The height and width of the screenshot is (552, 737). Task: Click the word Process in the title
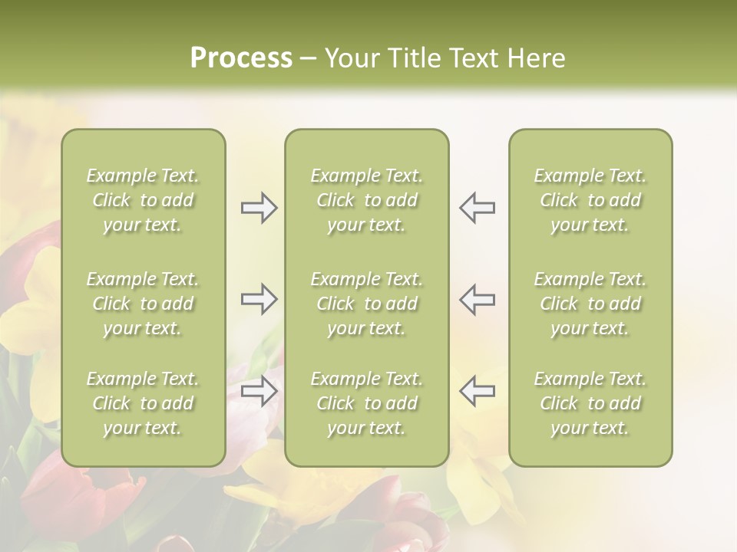[241, 58]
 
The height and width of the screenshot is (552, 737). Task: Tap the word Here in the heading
[534, 58]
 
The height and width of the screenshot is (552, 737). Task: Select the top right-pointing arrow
[259, 208]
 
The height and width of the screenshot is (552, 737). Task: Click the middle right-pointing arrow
[259, 299]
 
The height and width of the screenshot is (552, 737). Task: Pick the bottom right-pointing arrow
[259, 391]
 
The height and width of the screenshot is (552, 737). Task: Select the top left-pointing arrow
[477, 208]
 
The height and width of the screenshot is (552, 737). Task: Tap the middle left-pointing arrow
[477, 299]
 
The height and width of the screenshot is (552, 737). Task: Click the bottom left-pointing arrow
[477, 391]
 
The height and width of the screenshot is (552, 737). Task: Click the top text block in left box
[143, 200]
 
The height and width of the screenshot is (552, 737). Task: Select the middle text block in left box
[143, 304]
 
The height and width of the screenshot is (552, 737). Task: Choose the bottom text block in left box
[143, 403]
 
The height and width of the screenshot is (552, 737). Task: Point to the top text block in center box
[367, 200]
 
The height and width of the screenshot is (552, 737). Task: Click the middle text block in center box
[367, 304]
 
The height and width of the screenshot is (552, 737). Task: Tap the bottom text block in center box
[367, 403]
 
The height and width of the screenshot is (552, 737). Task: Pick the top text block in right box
[590, 200]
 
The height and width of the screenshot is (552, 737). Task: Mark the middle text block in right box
[590, 304]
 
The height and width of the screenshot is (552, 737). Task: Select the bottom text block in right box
[590, 403]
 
